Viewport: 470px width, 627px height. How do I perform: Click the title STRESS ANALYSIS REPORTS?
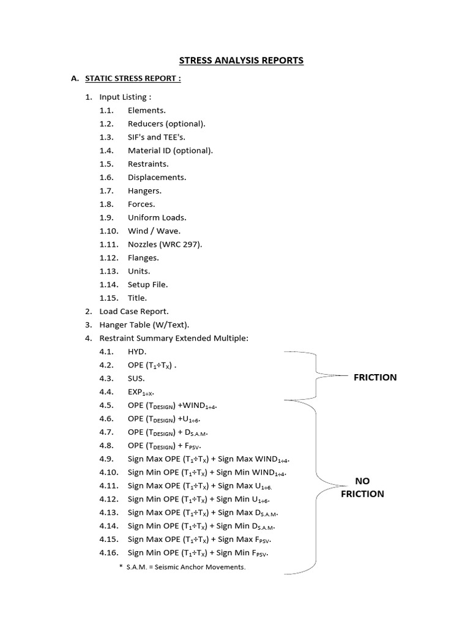(241, 61)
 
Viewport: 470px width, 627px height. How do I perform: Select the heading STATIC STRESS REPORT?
(133, 78)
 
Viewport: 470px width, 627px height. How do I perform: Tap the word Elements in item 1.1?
(146, 110)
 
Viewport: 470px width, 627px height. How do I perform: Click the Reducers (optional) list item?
(166, 124)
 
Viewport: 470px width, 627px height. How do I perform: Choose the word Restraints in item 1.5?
(148, 164)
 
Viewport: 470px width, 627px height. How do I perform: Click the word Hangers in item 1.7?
(144, 191)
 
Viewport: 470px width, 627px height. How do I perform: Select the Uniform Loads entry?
(157, 217)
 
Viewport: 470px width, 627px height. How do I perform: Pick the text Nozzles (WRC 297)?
(165, 244)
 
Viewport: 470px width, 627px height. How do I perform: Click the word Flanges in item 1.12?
(143, 258)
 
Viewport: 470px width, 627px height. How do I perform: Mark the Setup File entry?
(147, 285)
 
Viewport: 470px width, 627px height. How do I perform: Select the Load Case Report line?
(133, 312)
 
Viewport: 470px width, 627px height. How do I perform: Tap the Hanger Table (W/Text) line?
(144, 325)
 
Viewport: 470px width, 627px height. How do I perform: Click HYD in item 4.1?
(136, 352)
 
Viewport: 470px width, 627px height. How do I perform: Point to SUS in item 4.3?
(136, 379)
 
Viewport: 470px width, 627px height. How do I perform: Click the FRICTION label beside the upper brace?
(375, 377)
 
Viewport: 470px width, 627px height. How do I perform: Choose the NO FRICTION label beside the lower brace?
(362, 487)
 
